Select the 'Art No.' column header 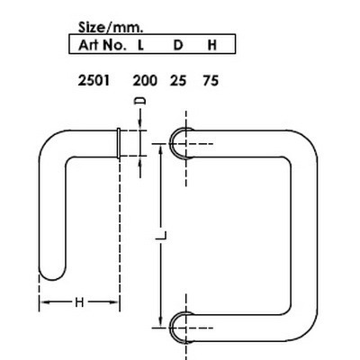(x=98, y=42)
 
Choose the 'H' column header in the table (x=211, y=42)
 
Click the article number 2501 (x=94, y=80)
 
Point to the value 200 (x=144, y=80)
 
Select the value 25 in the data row (x=178, y=80)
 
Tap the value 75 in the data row (x=210, y=80)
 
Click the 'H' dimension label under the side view (x=78, y=303)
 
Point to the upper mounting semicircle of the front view (x=180, y=142)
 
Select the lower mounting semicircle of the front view (x=180, y=326)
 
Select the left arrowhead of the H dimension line (x=40, y=302)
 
